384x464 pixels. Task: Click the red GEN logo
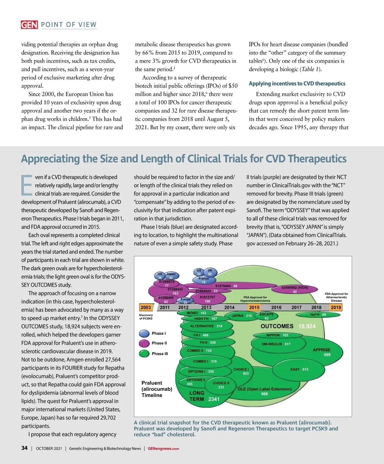click(x=29, y=25)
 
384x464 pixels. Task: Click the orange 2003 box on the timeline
click(x=146, y=308)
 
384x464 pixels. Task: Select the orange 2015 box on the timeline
click(x=254, y=308)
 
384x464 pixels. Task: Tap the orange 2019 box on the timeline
click(x=336, y=308)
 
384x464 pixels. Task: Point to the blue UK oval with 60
click(x=210, y=272)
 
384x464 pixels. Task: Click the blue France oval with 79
click(x=204, y=280)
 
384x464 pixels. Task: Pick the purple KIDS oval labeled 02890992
click(x=295, y=289)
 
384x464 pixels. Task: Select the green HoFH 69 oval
click(x=318, y=315)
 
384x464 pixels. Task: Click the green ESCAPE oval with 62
click(x=267, y=316)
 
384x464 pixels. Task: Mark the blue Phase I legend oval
click(x=144, y=333)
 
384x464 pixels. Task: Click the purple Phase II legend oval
click(x=144, y=343)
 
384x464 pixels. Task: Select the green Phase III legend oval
click(x=144, y=354)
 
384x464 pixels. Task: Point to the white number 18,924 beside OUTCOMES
click(x=307, y=326)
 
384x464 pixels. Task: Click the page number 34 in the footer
click(x=24, y=448)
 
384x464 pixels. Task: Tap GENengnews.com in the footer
click(x=163, y=449)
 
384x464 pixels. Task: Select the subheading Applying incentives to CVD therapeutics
click(x=297, y=84)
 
